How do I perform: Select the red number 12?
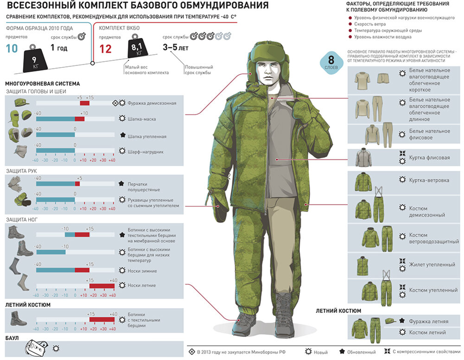tap(106, 49)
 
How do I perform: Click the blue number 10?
tap(13, 49)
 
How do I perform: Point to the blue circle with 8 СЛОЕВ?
tap(331, 62)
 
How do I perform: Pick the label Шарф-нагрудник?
tap(145, 151)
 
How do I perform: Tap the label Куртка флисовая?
tap(429, 158)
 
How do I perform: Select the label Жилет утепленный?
tap(432, 265)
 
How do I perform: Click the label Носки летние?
tap(141, 285)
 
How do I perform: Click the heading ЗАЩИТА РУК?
tap(21, 171)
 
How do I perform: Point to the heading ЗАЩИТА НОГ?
tap(21, 219)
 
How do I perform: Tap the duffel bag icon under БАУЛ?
tap(36, 347)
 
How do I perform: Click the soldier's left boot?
tap(283, 313)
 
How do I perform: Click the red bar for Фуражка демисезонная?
tap(84, 103)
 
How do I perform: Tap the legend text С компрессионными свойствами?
tap(425, 352)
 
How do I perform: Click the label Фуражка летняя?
tap(428, 321)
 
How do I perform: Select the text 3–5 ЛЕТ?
tap(175, 47)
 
